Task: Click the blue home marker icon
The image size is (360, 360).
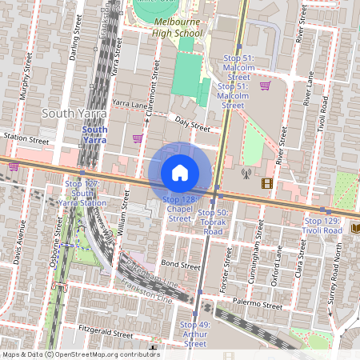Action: coord(180,172)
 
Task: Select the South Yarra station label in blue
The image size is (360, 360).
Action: coord(94,134)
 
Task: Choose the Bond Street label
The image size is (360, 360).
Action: coord(179,264)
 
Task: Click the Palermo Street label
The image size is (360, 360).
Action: coord(260,305)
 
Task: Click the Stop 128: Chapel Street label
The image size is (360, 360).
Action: coord(177,208)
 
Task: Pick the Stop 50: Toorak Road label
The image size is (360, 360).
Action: coord(213,222)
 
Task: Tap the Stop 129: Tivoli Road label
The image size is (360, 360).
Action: coord(323,225)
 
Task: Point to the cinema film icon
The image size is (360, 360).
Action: coord(266,183)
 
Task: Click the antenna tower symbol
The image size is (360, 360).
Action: coord(246,172)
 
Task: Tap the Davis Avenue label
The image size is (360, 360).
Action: coord(22,241)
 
